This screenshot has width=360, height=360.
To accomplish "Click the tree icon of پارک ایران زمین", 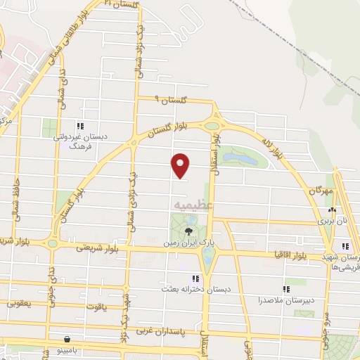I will tap(188, 230).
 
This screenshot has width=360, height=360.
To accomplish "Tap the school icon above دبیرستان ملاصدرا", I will tap(286, 288).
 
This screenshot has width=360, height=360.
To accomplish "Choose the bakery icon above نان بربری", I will tap(331, 209).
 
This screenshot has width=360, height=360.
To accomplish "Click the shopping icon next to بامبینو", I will tap(66, 338).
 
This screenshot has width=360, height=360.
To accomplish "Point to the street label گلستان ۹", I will tap(172, 101).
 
